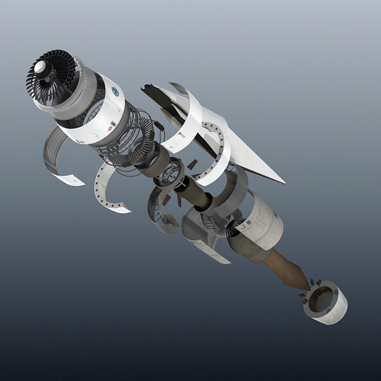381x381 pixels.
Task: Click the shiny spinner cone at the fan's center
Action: click(41, 67)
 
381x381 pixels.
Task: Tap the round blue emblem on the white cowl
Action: click(115, 91)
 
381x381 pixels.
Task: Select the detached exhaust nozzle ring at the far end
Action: click(326, 302)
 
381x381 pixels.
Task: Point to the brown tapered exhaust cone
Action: click(285, 269)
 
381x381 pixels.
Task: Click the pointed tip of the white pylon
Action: click(283, 181)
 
